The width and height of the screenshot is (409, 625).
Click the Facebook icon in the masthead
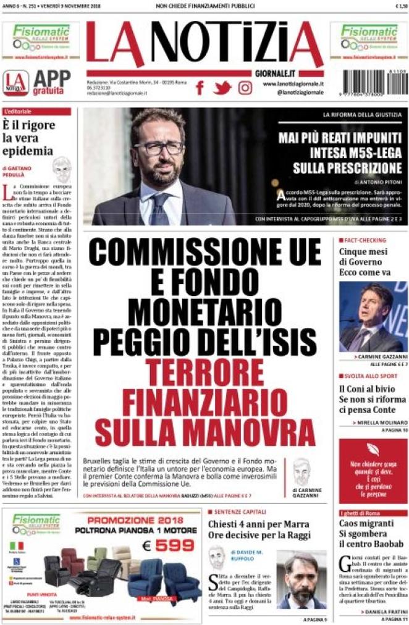pos(200,88)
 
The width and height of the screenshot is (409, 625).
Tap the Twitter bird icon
pos(222,88)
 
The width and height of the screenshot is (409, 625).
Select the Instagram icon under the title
pos(245,88)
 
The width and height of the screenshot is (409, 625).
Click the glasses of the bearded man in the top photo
pos(158,148)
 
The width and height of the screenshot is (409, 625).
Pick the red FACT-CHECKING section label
pos(365,239)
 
